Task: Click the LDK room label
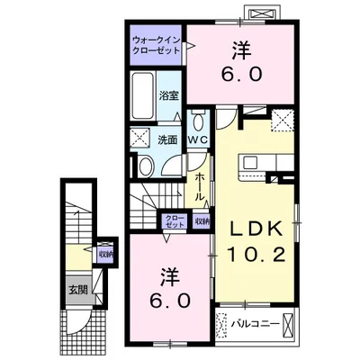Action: point(256,230)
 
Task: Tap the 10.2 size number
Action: point(256,256)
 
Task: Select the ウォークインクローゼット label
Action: point(157,45)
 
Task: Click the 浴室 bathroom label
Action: point(168,95)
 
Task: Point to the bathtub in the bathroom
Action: point(143,95)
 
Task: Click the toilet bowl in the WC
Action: point(198,122)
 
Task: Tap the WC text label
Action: point(198,139)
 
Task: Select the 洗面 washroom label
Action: point(168,140)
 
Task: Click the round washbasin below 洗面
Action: point(146,166)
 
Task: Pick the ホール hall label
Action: point(200,186)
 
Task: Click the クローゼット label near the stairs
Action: point(175,221)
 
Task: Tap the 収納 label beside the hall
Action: point(202,221)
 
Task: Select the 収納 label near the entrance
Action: point(106,255)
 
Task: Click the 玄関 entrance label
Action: point(78,290)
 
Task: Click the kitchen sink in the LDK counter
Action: point(249,163)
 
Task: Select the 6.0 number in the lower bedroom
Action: point(170,301)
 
